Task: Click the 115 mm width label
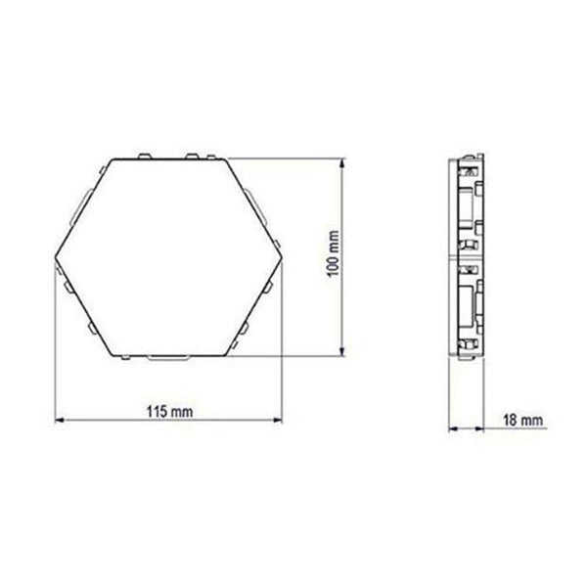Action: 169,412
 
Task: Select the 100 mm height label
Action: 334,253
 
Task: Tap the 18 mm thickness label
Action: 522,420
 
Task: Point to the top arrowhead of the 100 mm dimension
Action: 341,162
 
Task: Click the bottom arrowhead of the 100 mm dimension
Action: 341,351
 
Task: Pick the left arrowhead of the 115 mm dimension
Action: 60,420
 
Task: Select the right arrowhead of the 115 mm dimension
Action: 278,420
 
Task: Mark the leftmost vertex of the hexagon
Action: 56,257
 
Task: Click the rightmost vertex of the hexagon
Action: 283,257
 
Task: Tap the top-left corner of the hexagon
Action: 113,159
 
